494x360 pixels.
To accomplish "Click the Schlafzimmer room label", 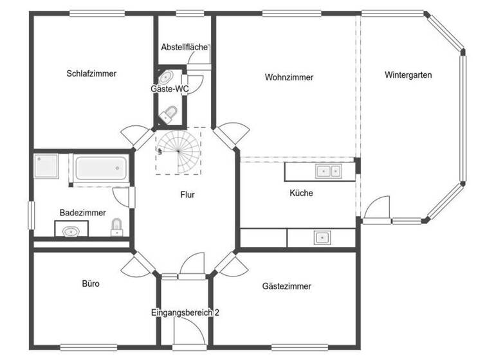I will tap(91, 73).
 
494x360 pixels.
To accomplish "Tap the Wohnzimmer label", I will tap(289, 77).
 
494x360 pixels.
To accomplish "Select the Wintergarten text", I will tap(408, 75).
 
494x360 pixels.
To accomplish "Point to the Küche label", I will tap(301, 193).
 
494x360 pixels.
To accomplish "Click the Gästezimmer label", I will tap(287, 286).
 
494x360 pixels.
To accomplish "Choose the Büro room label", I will tap(91, 283).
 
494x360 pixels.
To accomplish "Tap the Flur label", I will tap(187, 195).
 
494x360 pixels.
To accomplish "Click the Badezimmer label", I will tap(82, 212).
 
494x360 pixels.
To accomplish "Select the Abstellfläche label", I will tap(184, 47).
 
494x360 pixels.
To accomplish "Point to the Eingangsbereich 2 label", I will tap(185, 312).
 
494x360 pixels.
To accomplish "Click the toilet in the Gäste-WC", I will tap(169, 115).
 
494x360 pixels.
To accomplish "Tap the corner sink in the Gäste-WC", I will tap(165, 76).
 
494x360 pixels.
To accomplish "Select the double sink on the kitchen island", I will tap(327, 171).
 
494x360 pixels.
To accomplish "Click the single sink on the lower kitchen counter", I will tap(322, 238).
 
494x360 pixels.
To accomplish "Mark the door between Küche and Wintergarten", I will tap(376, 209).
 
